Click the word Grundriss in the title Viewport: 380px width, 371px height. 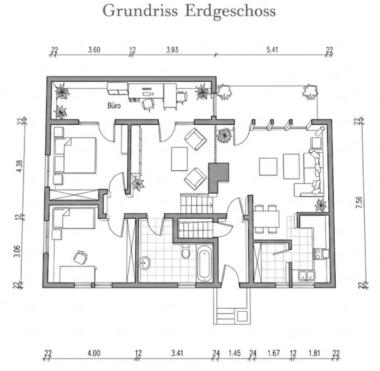pyautogui.click(x=140, y=11)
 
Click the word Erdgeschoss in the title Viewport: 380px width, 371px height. pyautogui.click(x=230, y=11)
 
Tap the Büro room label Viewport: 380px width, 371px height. pyautogui.click(x=114, y=106)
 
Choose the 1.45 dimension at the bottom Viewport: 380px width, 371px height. pyautogui.click(x=234, y=353)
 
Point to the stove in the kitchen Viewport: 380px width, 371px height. pyautogui.click(x=320, y=254)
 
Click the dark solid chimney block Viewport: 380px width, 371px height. pyautogui.click(x=219, y=174)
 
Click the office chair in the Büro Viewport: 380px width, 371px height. pyautogui.click(x=148, y=103)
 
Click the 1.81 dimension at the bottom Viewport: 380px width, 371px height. pyautogui.click(x=313, y=353)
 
